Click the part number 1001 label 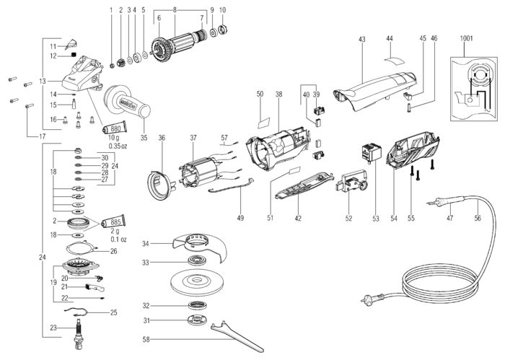click(466, 39)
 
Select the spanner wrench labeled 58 click(237, 337)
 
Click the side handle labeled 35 click(127, 102)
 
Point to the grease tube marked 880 click(114, 128)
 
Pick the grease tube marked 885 click(113, 222)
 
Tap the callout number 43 click(361, 39)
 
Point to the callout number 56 click(478, 218)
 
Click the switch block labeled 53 click(371, 152)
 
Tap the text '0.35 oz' click(118, 146)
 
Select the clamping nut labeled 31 click(197, 320)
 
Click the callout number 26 click(114, 251)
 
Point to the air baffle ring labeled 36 click(159, 185)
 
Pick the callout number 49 click(240, 218)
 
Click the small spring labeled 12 click(74, 55)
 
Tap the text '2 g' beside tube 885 click(115, 231)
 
